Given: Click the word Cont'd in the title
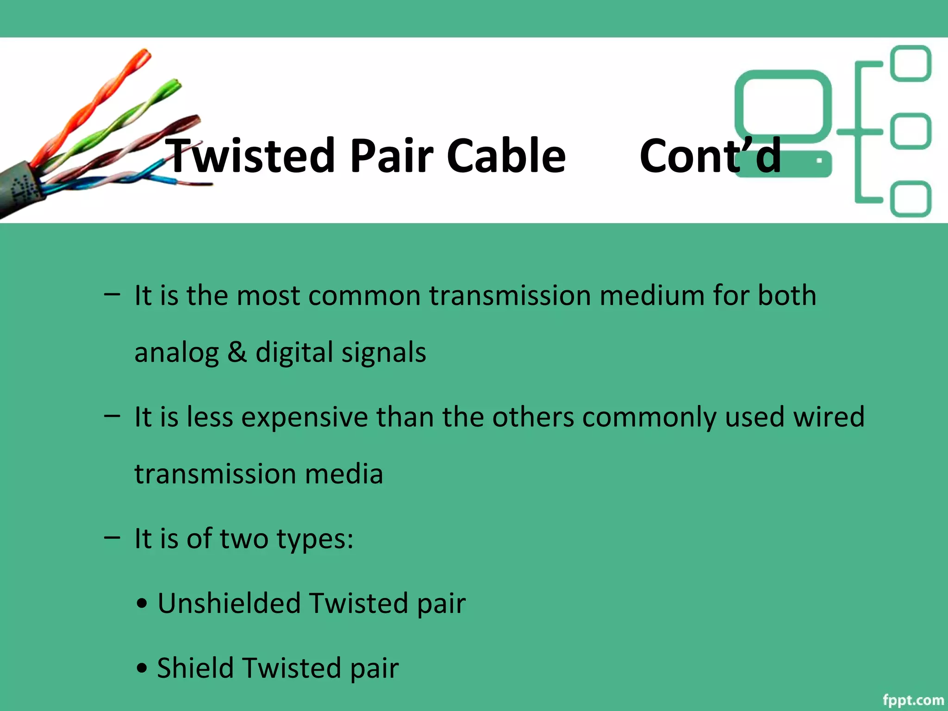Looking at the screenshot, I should point(710,156).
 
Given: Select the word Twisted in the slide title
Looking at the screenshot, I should point(250,156).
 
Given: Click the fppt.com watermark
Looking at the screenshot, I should point(913,699).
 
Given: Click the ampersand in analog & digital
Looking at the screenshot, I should point(237,352).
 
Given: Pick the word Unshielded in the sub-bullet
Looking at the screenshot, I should point(229,603).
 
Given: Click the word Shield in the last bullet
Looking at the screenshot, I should point(195,668).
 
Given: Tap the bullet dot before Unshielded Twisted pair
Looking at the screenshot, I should point(142,604).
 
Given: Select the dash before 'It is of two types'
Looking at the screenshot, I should point(112,537).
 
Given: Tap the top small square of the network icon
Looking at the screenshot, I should point(911,63).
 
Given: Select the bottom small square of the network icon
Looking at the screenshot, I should point(911,199).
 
